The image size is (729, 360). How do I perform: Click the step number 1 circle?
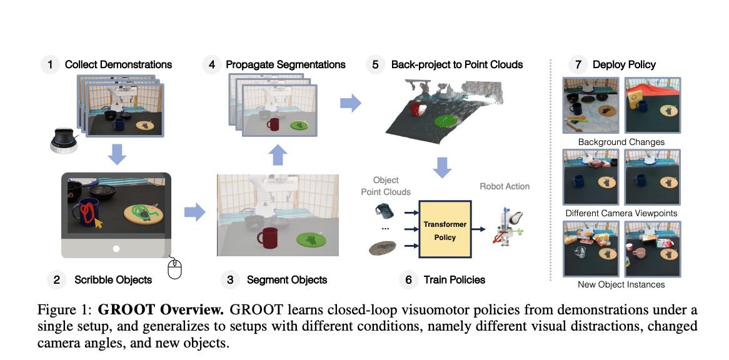click(50, 64)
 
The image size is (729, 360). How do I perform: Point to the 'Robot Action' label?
click(505, 186)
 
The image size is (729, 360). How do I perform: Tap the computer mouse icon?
click(175, 269)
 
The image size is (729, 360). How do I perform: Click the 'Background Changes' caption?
click(621, 142)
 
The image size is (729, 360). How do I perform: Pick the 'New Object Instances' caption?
click(621, 284)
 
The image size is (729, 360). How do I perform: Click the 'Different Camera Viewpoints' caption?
click(621, 213)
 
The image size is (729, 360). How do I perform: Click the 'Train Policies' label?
click(455, 279)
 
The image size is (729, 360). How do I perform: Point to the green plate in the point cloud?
click(446, 121)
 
